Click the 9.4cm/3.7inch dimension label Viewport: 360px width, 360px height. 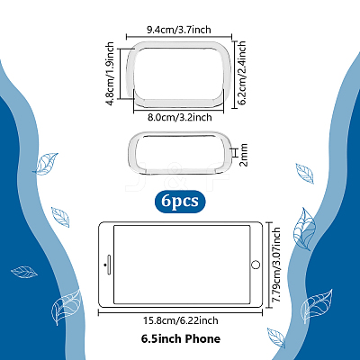179,30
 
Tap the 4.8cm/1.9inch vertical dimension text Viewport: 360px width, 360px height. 110,74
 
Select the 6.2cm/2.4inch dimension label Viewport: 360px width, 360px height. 241,73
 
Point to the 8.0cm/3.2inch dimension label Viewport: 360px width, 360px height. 179,117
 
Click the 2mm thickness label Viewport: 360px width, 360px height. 243,155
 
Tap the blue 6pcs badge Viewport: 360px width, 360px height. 180,202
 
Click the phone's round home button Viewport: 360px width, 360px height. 256,265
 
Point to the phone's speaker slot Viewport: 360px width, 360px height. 109,265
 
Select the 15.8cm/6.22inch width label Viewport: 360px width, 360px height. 180,320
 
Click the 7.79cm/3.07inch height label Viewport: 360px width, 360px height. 275,265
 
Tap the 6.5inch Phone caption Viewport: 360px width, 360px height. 181,339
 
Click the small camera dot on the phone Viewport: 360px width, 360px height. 104,265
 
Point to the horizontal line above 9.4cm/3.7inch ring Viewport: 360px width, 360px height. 179,37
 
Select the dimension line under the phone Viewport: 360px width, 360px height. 180,313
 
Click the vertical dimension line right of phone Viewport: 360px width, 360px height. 268,265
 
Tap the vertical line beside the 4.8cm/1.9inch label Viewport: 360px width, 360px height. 120,74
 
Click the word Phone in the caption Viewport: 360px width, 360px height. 202,339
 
